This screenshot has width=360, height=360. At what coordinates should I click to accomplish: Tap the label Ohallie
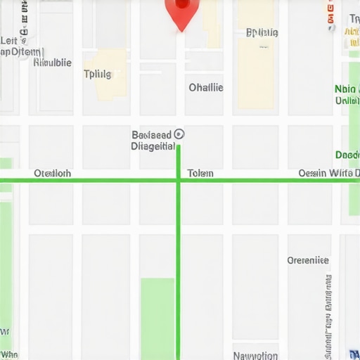[x=206, y=88]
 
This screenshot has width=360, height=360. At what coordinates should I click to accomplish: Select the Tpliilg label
[x=98, y=74]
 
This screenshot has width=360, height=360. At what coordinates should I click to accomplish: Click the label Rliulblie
[x=53, y=63]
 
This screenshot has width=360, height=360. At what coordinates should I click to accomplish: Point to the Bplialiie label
[x=262, y=32]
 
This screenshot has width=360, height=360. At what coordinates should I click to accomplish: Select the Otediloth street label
[x=52, y=173]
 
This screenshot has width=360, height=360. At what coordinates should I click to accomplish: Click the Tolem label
[x=200, y=173]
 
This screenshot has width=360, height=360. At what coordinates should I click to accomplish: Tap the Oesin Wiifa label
[x=328, y=173]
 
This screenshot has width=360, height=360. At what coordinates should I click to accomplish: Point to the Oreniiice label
[x=307, y=260]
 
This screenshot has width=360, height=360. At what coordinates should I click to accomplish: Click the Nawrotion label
[x=255, y=355]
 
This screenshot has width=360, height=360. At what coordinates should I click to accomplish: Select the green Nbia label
[x=345, y=89]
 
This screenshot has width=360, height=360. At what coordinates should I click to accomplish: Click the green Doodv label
[x=347, y=155]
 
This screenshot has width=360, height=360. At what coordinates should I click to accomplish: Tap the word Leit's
[x=9, y=40]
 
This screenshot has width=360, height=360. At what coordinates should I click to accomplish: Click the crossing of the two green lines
[x=179, y=181]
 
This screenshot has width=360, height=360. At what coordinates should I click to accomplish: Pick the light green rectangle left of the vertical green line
[x=157, y=318]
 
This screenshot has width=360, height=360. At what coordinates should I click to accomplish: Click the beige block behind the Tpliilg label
[x=105, y=74]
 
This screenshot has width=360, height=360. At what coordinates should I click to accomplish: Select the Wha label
[x=9, y=355]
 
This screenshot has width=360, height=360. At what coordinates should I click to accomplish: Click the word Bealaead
[x=151, y=134]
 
